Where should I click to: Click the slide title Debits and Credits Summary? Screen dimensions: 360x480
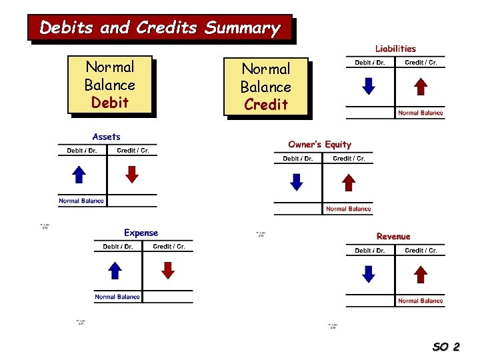pyautogui.click(x=159, y=28)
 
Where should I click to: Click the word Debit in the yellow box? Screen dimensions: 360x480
pyautogui.click(x=110, y=103)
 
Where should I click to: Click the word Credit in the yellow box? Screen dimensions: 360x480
pyautogui.click(x=266, y=105)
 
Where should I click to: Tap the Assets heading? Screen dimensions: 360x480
pyautogui.click(x=107, y=137)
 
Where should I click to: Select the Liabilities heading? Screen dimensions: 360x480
pyautogui.click(x=395, y=49)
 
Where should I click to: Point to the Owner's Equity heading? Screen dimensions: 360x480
pyautogui.click(x=319, y=145)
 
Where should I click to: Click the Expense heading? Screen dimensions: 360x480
pyautogui.click(x=141, y=233)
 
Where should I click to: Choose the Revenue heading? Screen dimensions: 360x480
pyautogui.click(x=393, y=237)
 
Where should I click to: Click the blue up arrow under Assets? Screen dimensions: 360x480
pyautogui.click(x=79, y=174)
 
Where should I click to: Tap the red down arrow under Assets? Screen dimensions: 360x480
pyautogui.click(x=132, y=174)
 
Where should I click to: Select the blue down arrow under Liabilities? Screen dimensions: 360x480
pyautogui.click(x=368, y=87)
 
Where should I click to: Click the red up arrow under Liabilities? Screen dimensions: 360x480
pyautogui.click(x=421, y=87)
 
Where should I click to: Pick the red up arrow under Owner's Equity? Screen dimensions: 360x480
pyautogui.click(x=349, y=182)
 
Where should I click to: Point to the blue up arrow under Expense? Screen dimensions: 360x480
pyautogui.click(x=115, y=270)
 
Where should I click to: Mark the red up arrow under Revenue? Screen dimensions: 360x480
pyautogui.click(x=421, y=274)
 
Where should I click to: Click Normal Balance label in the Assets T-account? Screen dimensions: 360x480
pyautogui.click(x=81, y=201)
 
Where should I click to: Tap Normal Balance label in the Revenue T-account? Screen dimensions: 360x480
pyautogui.click(x=420, y=301)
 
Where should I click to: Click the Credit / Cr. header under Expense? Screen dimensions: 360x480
pyautogui.click(x=169, y=247)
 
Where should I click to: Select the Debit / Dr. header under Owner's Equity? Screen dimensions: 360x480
pyautogui.click(x=297, y=159)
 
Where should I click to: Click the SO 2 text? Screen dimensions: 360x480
pyautogui.click(x=446, y=347)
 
